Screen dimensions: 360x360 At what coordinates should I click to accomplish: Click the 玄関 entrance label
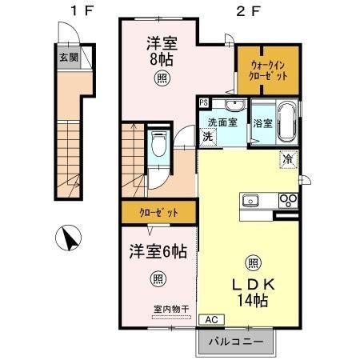[x=66, y=58]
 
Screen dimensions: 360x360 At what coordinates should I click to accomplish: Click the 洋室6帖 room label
[x=159, y=251]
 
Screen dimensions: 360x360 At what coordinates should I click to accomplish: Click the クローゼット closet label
[x=158, y=214]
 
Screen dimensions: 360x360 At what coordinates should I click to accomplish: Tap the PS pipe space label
[x=204, y=103]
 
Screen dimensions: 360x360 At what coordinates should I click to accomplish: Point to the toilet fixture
[x=158, y=148]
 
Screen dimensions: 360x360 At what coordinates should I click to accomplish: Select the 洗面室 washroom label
[x=223, y=122]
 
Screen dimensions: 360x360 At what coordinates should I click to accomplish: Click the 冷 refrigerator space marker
[x=286, y=158]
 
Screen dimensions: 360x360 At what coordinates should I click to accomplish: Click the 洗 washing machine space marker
[x=206, y=136]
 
